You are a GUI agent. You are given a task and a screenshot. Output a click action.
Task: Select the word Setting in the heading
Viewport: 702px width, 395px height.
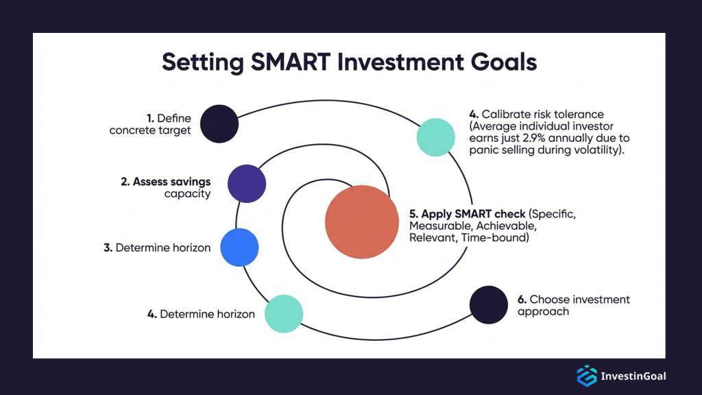[x=203, y=62]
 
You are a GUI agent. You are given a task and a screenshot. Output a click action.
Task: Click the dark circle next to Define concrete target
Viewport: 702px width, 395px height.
[x=219, y=123]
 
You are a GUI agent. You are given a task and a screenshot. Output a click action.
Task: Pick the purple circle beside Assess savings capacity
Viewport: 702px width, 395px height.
[x=246, y=184]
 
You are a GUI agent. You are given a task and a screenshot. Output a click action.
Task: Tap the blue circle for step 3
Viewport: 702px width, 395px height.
[x=239, y=248]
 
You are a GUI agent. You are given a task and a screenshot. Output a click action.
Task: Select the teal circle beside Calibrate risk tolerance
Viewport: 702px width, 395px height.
[x=436, y=137]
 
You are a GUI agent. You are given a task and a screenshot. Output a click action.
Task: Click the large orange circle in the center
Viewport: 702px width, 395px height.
[x=361, y=221]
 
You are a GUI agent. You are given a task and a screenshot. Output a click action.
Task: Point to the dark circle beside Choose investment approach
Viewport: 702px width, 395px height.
[x=489, y=304]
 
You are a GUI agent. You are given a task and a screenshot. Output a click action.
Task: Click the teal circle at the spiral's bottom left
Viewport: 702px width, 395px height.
[x=284, y=313]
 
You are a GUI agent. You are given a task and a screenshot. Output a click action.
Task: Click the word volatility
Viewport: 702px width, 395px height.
[x=594, y=151]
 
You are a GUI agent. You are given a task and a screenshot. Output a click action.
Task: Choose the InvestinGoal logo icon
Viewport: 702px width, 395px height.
[x=587, y=375]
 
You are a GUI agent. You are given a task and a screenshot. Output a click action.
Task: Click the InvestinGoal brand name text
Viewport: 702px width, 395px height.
[x=633, y=376]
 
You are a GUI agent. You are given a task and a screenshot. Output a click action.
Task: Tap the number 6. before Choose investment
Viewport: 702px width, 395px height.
[x=522, y=300]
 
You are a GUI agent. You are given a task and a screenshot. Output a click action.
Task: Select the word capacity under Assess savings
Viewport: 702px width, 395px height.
[x=187, y=194]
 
